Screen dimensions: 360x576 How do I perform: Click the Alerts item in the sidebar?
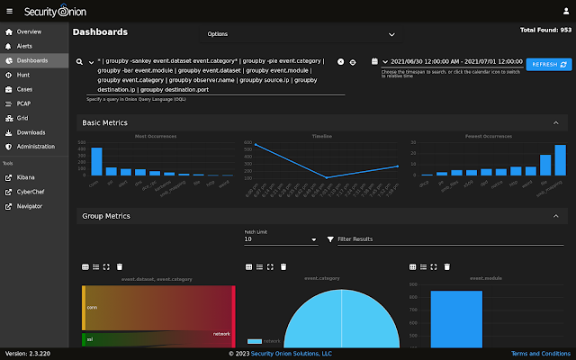coord(24,45)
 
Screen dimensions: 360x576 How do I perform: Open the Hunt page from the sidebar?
coord(23,75)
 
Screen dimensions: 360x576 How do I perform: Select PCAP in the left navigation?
coord(24,103)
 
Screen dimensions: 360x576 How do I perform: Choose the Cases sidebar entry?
coord(25,89)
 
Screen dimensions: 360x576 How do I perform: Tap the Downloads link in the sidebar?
coord(31,132)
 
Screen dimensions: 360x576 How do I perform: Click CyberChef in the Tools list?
coord(32,192)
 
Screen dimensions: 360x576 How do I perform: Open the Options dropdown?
coord(301,34)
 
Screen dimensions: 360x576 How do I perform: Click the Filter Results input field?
coord(450,239)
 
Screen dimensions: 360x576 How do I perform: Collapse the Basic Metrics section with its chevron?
coord(554,122)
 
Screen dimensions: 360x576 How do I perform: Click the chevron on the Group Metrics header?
coord(554,216)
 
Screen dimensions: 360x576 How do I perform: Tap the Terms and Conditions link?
coord(540,354)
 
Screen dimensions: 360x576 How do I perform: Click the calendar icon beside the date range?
coord(373,62)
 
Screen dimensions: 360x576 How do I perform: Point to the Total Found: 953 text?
coord(545,30)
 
